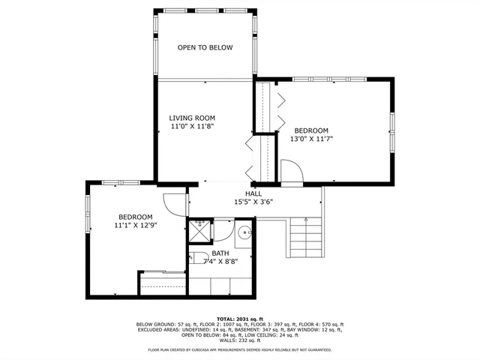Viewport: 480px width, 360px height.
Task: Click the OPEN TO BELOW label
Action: pyautogui.click(x=205, y=48)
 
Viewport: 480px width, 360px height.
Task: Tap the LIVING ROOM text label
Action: pyautogui.click(x=192, y=118)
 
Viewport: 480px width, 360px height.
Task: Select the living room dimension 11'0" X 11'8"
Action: pyautogui.click(x=192, y=127)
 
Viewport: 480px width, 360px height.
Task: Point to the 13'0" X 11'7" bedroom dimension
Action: pyautogui.click(x=311, y=138)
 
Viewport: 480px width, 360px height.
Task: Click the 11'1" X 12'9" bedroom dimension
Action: pyautogui.click(x=136, y=224)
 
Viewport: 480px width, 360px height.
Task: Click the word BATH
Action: pyautogui.click(x=220, y=253)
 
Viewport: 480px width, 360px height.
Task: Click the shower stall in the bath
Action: pyautogui.click(x=199, y=232)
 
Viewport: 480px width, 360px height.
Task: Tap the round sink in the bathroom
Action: pyautogui.click(x=245, y=234)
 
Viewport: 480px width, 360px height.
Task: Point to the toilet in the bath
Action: pyautogui.click(x=197, y=259)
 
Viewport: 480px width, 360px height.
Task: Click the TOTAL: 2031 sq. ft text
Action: pyautogui.click(x=239, y=319)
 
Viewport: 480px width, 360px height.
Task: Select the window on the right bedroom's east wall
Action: pyautogui.click(x=391, y=132)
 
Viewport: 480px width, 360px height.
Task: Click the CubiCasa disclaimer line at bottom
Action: pyautogui.click(x=239, y=349)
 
